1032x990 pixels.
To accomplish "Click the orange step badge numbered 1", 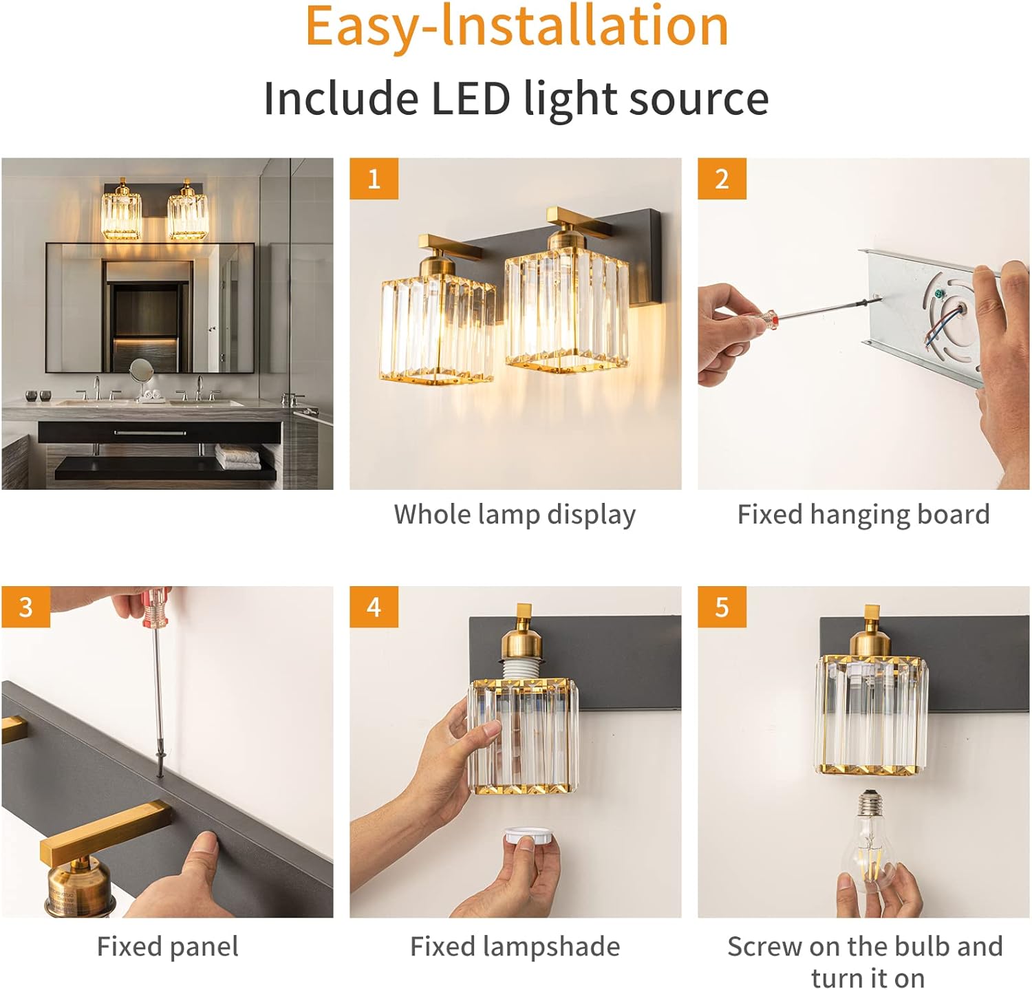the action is pos(374,179).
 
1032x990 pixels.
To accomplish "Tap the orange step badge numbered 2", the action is pos(722,179).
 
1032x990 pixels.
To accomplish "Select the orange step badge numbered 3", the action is pos(25,607).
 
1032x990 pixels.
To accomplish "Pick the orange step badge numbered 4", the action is pos(374,607).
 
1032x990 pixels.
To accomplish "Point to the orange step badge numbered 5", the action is pos(722,607).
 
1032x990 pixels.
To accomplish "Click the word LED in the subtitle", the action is pos(471,98).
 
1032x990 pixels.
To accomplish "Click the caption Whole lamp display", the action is pos(515,515).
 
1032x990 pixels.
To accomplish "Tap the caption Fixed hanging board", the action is pos(863,515).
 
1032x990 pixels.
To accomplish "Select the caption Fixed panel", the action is pos(168,947).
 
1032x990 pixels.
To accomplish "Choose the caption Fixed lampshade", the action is pos(515,947).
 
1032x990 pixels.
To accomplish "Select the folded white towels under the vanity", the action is pos(238,457).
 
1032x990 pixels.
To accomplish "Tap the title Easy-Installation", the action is pos(517,26).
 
